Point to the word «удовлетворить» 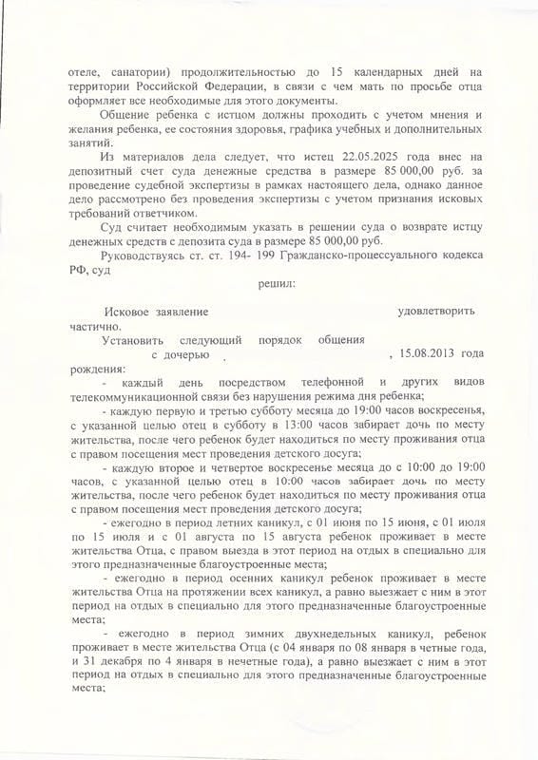(436, 310)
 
